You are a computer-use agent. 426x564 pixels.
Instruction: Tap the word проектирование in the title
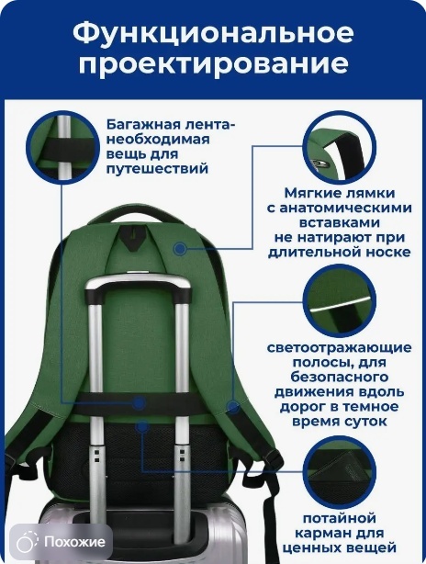[214, 64]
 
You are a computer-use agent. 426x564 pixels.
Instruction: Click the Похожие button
[62, 541]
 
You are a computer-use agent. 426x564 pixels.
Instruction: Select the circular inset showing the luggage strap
[63, 148]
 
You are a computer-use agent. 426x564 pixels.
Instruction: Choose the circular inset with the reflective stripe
[339, 300]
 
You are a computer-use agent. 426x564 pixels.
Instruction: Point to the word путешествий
[157, 168]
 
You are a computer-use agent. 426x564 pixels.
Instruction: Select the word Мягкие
[312, 193]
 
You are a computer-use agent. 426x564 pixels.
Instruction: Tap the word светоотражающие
[340, 348]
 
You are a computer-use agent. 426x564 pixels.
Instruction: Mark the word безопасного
[340, 378]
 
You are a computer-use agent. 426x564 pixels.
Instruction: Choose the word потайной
[340, 518]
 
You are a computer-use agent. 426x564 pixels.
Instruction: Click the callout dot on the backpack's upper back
[180, 248]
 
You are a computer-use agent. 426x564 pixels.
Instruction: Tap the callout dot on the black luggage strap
[139, 402]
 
